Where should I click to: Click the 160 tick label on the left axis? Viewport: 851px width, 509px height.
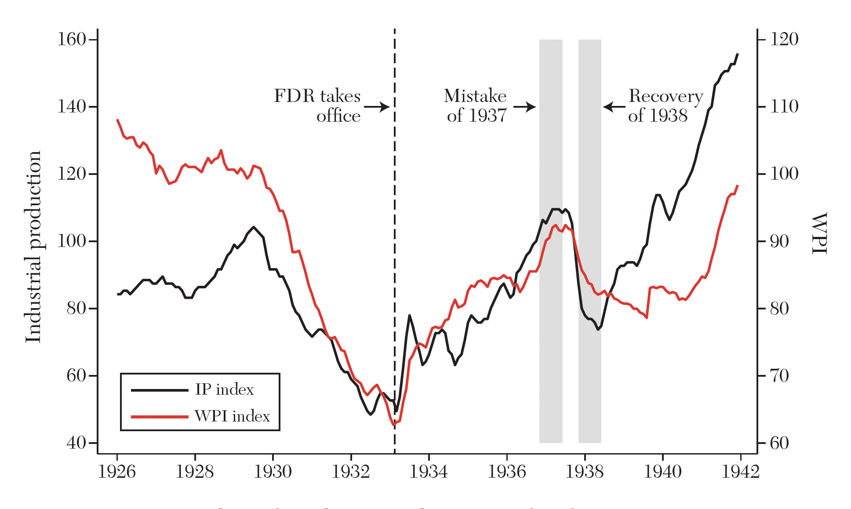coord(72,40)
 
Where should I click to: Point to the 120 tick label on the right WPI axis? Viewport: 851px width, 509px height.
coord(784,40)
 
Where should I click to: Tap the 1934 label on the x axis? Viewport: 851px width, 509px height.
coord(429,472)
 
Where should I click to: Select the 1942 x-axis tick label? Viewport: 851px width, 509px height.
coord(741,472)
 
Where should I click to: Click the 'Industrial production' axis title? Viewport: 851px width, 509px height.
coord(33,247)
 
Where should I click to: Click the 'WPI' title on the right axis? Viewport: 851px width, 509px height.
coord(819,233)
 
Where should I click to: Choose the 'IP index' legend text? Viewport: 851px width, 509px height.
coord(224,389)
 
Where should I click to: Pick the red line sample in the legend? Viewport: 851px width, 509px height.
coord(160,416)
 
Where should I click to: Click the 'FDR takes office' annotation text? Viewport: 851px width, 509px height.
coord(317,105)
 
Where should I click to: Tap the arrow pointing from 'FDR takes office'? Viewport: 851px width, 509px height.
coord(377,107)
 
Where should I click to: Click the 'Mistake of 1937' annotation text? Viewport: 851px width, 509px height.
coord(476,105)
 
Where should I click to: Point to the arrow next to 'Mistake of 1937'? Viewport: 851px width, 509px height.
coord(524,107)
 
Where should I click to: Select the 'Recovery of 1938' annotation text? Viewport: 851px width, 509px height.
coord(665,105)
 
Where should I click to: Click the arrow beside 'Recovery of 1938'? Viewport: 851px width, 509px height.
coord(614,107)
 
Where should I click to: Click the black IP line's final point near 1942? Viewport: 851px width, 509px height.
coord(738,54)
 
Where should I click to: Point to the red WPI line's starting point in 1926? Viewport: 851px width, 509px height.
coord(117,120)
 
